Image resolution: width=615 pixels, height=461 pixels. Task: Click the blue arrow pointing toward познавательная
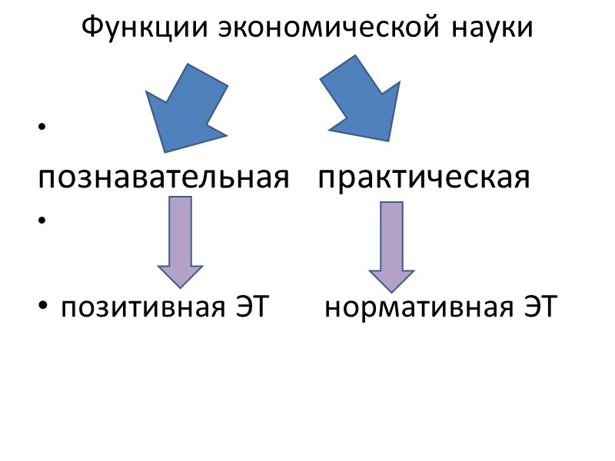click(188, 107)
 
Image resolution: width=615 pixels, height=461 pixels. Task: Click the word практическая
click(424, 178)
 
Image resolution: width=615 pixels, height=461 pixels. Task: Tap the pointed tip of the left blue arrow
click(164, 151)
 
